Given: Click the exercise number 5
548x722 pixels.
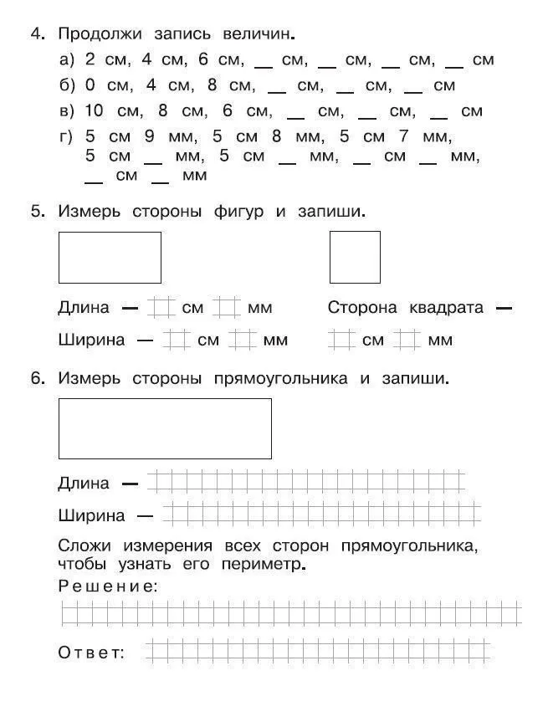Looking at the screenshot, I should (35, 212).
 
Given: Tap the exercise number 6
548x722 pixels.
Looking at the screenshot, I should (35, 378).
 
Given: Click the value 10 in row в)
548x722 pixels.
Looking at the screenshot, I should (93, 111).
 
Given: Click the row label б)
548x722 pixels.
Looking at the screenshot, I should (67, 85).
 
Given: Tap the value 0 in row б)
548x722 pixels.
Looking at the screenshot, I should (90, 85).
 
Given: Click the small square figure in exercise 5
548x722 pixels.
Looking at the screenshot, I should (355, 257).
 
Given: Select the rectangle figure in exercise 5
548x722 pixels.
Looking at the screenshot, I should (110, 257).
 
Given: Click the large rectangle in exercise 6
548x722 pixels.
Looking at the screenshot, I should (165, 428).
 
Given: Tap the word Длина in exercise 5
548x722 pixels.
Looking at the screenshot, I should (84, 308).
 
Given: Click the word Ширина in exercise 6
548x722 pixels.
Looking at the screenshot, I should (91, 515).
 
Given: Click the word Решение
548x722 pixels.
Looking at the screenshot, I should (107, 586).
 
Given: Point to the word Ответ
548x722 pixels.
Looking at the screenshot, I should (91, 653).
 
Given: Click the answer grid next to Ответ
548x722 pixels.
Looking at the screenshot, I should (318, 650).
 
